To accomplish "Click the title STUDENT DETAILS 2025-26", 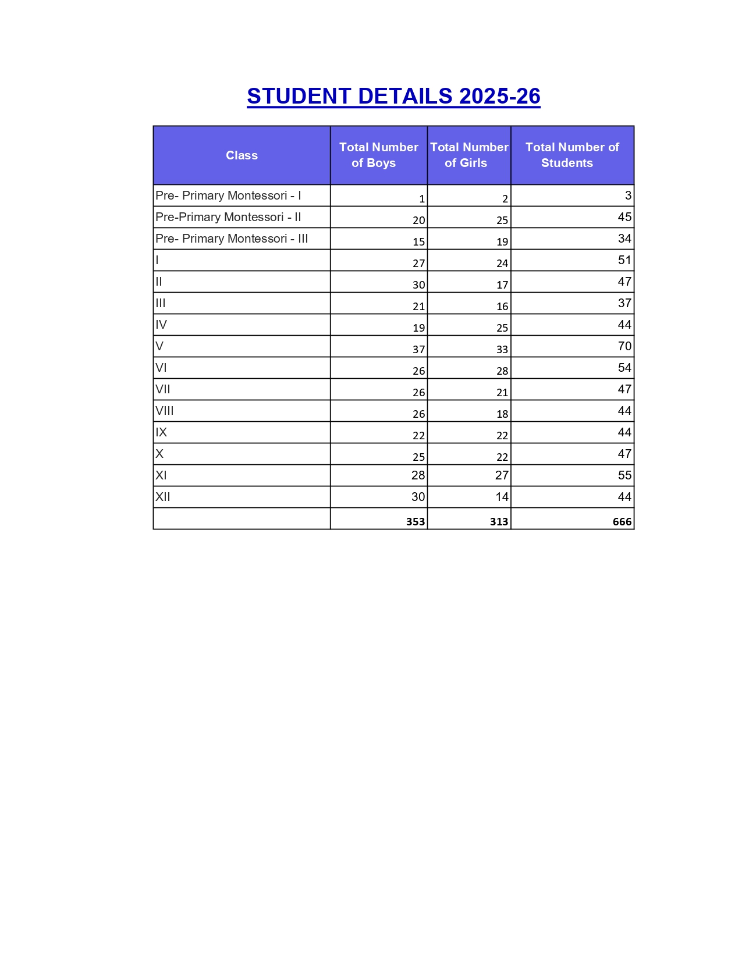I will pyautogui.click(x=393, y=97).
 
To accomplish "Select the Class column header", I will pyautogui.click(x=242, y=155).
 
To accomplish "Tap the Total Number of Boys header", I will pyautogui.click(x=378, y=155).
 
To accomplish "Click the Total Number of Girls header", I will pyautogui.click(x=468, y=155).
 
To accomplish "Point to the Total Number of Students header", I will pyautogui.click(x=571, y=155).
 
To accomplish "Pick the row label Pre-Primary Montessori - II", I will pyautogui.click(x=228, y=217).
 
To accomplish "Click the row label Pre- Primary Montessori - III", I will pyautogui.click(x=232, y=239).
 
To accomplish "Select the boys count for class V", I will pyautogui.click(x=418, y=349).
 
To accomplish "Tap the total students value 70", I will pyautogui.click(x=624, y=346).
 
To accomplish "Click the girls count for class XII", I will pyautogui.click(x=502, y=497).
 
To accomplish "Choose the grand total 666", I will pyautogui.click(x=622, y=521).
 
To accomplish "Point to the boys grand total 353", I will pyautogui.click(x=416, y=521).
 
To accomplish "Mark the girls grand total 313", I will pyautogui.click(x=499, y=521).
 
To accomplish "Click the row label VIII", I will pyautogui.click(x=165, y=411).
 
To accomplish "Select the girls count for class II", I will pyautogui.click(x=502, y=285).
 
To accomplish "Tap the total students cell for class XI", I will pyautogui.click(x=624, y=475).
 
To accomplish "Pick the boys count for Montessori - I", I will pyautogui.click(x=422, y=198).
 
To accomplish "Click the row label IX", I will pyautogui.click(x=161, y=432).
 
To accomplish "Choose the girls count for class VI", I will pyautogui.click(x=502, y=371).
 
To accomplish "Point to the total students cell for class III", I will pyautogui.click(x=624, y=303).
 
